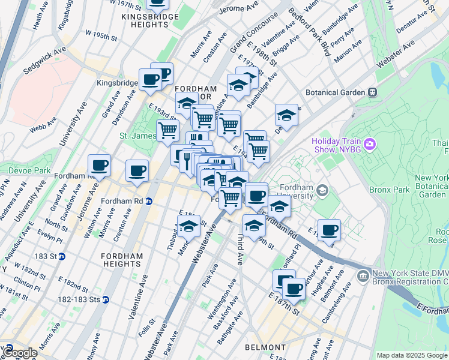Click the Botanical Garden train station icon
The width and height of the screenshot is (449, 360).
pyautogui.click(x=372, y=92)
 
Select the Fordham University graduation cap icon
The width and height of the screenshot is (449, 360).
pyautogui.click(x=322, y=191)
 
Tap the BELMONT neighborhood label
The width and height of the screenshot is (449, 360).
pyautogui.click(x=265, y=347)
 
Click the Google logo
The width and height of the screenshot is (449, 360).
pyautogui.click(x=19, y=352)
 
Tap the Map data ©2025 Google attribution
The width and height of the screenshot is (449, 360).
pyautogui.click(x=411, y=355)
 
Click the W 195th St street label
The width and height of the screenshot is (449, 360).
pyautogui.click(x=100, y=36)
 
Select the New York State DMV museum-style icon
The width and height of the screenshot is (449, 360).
pyautogui.click(x=363, y=276)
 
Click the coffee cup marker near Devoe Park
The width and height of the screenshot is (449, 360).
pyautogui.click(x=99, y=166)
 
